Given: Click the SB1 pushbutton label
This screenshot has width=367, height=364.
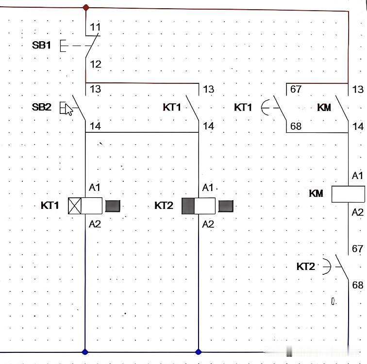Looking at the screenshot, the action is [x=41, y=45].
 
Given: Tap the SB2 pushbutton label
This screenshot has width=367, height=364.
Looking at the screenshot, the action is [x=41, y=107].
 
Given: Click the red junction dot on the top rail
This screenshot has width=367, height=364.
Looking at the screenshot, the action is [x=86, y=7].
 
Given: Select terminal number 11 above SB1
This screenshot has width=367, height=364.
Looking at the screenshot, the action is [x=95, y=27].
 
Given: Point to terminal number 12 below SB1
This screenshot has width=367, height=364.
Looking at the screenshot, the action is [x=96, y=64].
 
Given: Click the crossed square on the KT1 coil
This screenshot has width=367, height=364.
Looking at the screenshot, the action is [x=75, y=206].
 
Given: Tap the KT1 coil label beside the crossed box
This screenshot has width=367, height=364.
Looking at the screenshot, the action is [x=50, y=206].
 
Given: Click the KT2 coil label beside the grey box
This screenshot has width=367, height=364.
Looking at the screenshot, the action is [x=164, y=206].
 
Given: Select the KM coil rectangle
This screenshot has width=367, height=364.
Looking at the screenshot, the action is [x=348, y=194].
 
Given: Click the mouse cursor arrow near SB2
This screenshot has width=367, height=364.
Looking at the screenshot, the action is [x=68, y=110].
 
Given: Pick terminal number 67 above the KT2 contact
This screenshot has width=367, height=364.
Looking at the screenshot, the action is [x=357, y=249].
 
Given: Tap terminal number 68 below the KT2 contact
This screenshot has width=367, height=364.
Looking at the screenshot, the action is [x=358, y=285].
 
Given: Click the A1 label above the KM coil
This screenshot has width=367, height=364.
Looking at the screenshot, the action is [x=357, y=175].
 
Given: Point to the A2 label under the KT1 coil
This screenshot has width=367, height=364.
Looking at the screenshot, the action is [x=95, y=224].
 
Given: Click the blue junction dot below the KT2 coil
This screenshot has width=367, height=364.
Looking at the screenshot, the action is [x=199, y=351].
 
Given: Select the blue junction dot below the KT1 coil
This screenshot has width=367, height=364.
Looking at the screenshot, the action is [x=85, y=351].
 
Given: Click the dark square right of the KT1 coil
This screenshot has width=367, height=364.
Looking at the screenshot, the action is [x=113, y=206].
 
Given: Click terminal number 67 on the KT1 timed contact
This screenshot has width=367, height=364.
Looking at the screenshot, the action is [x=296, y=89].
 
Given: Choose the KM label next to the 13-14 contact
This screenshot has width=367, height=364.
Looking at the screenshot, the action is [x=324, y=108].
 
